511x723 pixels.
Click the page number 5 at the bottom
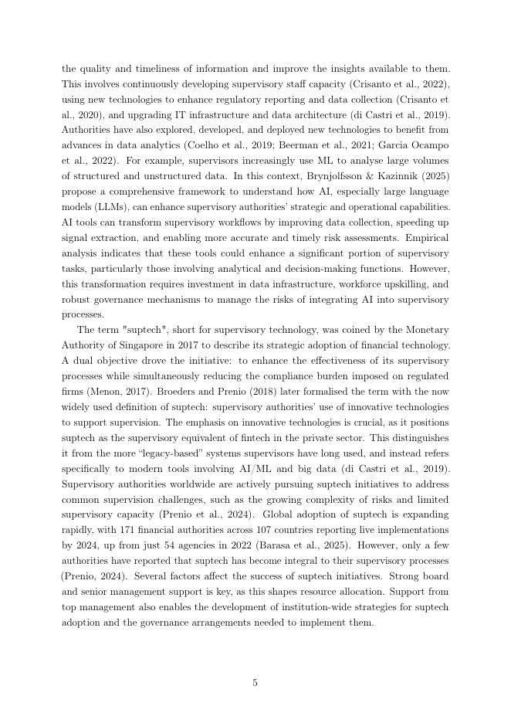255,682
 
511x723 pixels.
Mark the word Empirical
425,238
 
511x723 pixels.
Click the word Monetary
426,330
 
